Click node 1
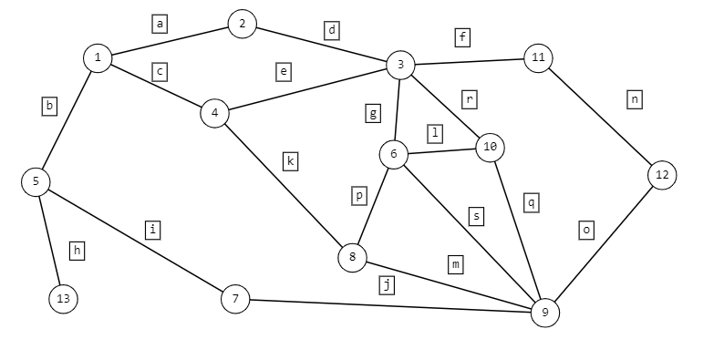pyautogui.click(x=98, y=58)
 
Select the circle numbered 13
pyautogui.click(x=63, y=299)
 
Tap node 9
pyautogui.click(x=545, y=313)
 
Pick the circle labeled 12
pyautogui.click(x=662, y=175)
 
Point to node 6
pyautogui.click(x=393, y=154)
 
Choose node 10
pyautogui.click(x=490, y=148)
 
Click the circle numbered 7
pyautogui.click(x=235, y=299)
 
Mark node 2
pyautogui.click(x=242, y=24)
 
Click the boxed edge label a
pyautogui.click(x=160, y=24)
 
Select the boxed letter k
pyautogui.click(x=290, y=161)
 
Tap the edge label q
pyautogui.click(x=532, y=202)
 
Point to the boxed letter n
pyautogui.click(x=635, y=99)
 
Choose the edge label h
pyautogui.click(x=78, y=251)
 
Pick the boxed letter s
pyautogui.click(x=477, y=217)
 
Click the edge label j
pyautogui.click(x=387, y=284)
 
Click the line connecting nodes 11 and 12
pyautogui.click(x=600, y=117)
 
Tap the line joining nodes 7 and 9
pyautogui.click(x=390, y=306)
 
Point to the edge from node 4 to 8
pyautogui.click(x=284, y=185)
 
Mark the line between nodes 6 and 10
pyautogui.click(x=441, y=151)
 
